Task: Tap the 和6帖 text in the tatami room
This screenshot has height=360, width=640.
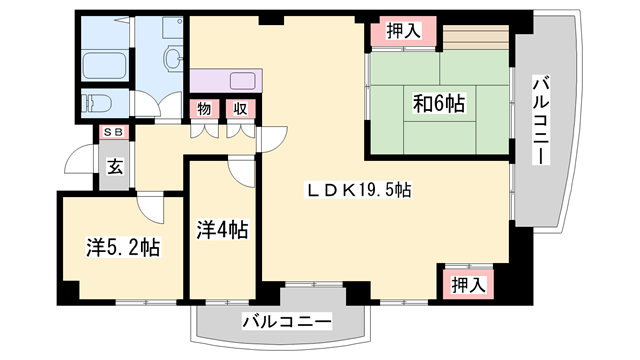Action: coord(440,102)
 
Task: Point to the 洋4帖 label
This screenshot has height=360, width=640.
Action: coord(222,230)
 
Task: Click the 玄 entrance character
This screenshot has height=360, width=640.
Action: coord(115,167)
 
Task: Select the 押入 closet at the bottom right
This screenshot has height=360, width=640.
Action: coord(467,285)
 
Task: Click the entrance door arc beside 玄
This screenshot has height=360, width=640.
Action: coord(78,160)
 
